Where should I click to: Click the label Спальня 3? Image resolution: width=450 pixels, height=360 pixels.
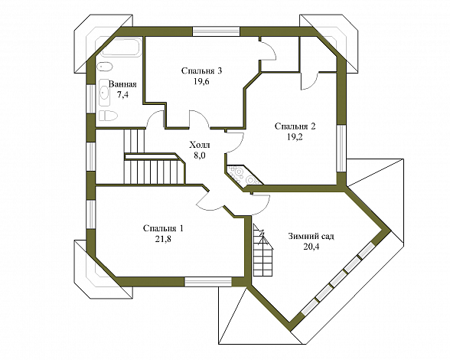pyautogui.click(x=202, y=70)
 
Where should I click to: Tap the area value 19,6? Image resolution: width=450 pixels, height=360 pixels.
pyautogui.click(x=201, y=82)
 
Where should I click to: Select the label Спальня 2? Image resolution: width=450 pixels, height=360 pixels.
pyautogui.click(x=295, y=126)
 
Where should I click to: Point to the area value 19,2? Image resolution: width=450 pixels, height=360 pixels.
pyautogui.click(x=295, y=137)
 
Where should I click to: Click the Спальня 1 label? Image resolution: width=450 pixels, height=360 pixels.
pyautogui.click(x=163, y=228)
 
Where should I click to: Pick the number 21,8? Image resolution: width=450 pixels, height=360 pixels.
pyautogui.click(x=163, y=239)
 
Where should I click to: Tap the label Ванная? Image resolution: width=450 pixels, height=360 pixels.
pyautogui.click(x=122, y=84)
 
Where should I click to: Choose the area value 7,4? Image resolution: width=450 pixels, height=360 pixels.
pyautogui.click(x=122, y=95)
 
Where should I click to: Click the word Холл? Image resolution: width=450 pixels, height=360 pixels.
pyautogui.click(x=200, y=145)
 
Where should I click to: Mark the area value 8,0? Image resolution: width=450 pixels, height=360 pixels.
pyautogui.click(x=200, y=155)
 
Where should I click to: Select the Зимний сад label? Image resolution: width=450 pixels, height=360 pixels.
pyautogui.click(x=311, y=236)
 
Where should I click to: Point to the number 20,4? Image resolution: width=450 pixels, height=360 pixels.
pyautogui.click(x=311, y=247)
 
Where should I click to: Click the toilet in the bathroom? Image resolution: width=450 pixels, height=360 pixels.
pyautogui.click(x=108, y=116)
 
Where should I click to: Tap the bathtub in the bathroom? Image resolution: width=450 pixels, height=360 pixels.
pyautogui.click(x=121, y=47)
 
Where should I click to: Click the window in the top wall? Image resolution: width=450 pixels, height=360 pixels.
pyautogui.click(x=216, y=31)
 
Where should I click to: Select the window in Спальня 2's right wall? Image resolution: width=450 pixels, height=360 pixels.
pyautogui.click(x=341, y=149)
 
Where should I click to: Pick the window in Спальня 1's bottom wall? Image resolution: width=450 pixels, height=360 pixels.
pyautogui.click(x=208, y=282)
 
